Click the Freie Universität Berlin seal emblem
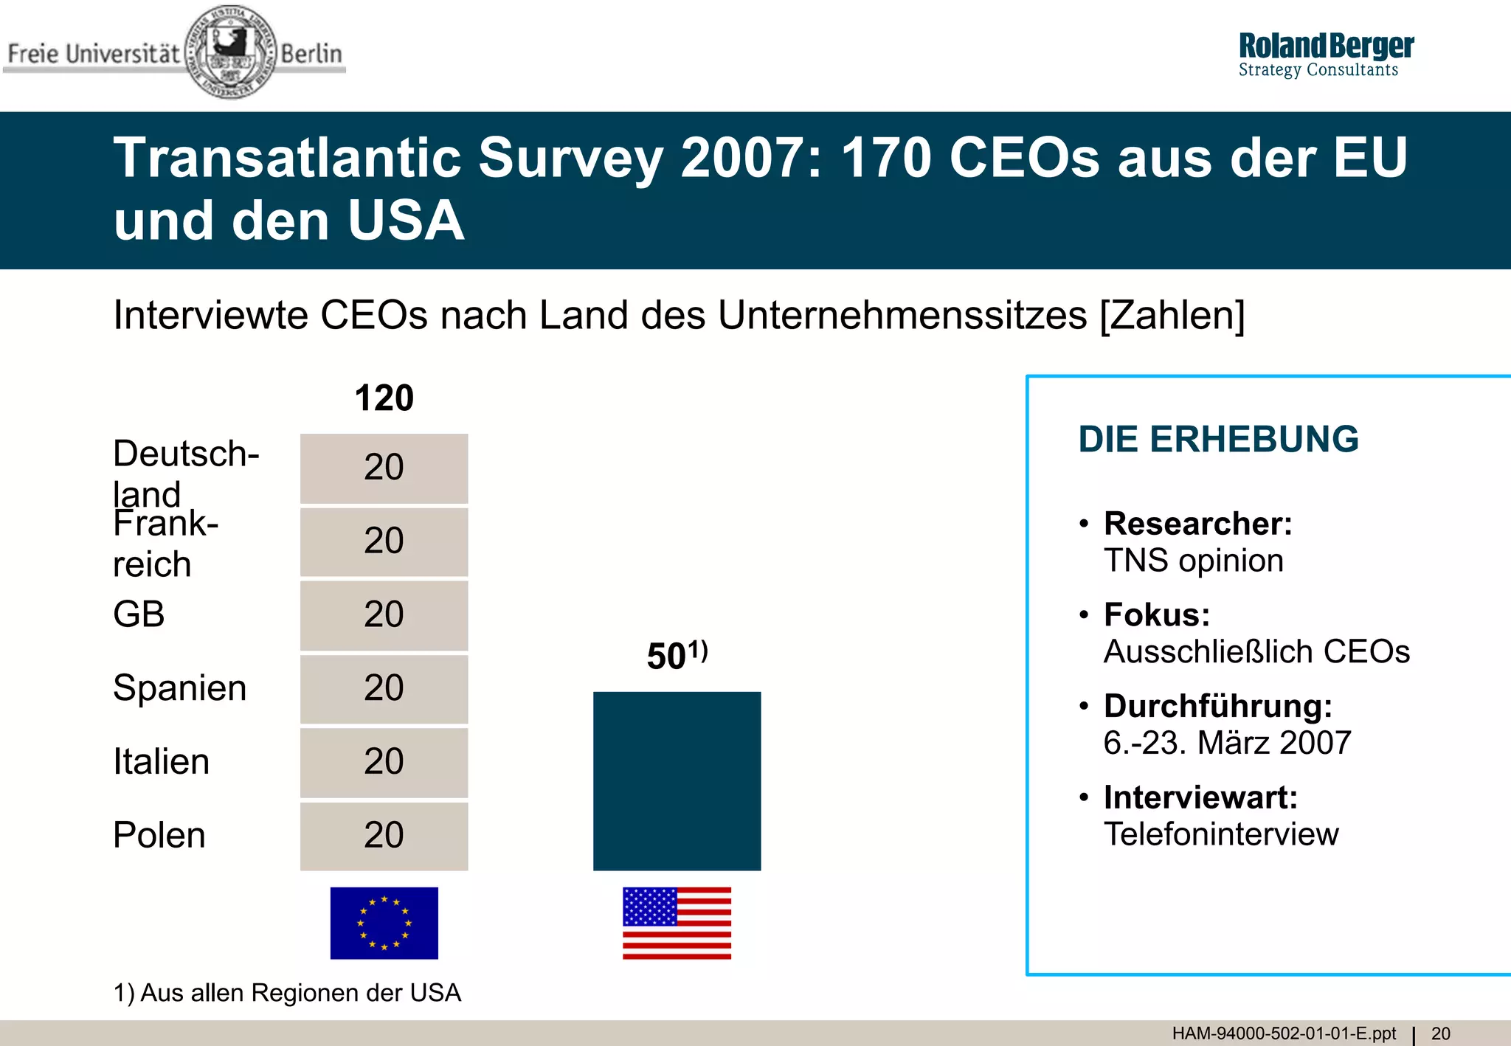coord(231,52)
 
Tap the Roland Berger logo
coord(1325,55)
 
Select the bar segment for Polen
coord(384,836)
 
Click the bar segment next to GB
coord(384,615)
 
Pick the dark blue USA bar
coord(677,780)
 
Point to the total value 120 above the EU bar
coord(384,398)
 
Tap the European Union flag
coord(384,923)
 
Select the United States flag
coord(677,923)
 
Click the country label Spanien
coord(179,688)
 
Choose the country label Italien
coord(161,761)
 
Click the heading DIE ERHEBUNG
coord(1218,440)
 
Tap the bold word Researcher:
coord(1198,524)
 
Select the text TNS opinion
coord(1193,561)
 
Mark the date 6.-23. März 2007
coord(1227,743)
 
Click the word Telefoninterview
coord(1221,834)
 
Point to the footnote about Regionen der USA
coord(287,993)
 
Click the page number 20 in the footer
coord(1440,1033)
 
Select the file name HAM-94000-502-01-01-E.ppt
coord(1284,1033)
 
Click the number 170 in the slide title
coord(885,158)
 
